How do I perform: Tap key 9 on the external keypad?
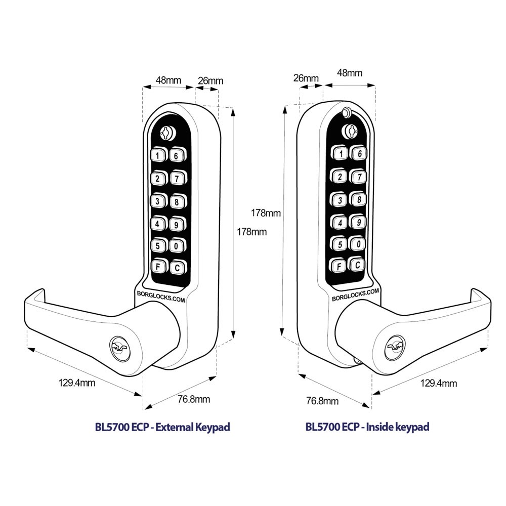177,223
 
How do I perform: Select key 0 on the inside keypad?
358,244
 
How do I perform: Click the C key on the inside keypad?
358,264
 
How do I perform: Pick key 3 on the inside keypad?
340,200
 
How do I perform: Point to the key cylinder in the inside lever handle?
396,347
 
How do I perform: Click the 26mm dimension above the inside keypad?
306,78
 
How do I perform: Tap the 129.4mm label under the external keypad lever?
77,383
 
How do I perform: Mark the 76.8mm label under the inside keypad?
322,401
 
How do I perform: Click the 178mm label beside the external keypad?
252,232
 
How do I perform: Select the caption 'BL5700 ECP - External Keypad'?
162,427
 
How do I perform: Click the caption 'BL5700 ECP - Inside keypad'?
367,427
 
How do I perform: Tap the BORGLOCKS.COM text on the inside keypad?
355,296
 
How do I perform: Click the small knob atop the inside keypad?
347,112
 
